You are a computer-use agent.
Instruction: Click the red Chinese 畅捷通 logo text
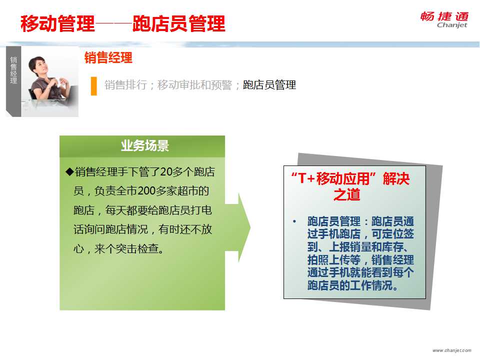point(444,16)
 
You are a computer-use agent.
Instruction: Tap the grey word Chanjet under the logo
point(452,25)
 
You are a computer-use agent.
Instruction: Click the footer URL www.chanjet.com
point(452,350)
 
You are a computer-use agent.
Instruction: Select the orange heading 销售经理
point(108,57)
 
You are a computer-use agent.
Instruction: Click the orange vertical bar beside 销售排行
point(93,86)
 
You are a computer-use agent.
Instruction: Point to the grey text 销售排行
point(126,85)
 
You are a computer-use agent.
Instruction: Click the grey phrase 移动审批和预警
point(194,85)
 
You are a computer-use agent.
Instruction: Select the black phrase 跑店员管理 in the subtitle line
point(269,85)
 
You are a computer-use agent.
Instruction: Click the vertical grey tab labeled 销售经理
point(13,81)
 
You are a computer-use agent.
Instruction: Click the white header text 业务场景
point(145,145)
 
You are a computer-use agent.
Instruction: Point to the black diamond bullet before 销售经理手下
point(70,171)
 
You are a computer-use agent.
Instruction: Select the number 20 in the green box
point(166,171)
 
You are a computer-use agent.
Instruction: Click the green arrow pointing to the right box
point(238,227)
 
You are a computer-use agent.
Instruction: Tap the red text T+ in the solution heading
point(306,178)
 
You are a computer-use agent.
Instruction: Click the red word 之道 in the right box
point(346,194)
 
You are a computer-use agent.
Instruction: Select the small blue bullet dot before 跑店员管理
point(294,221)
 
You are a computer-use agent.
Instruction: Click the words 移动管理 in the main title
point(57,23)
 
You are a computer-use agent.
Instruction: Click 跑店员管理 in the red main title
point(179,23)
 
